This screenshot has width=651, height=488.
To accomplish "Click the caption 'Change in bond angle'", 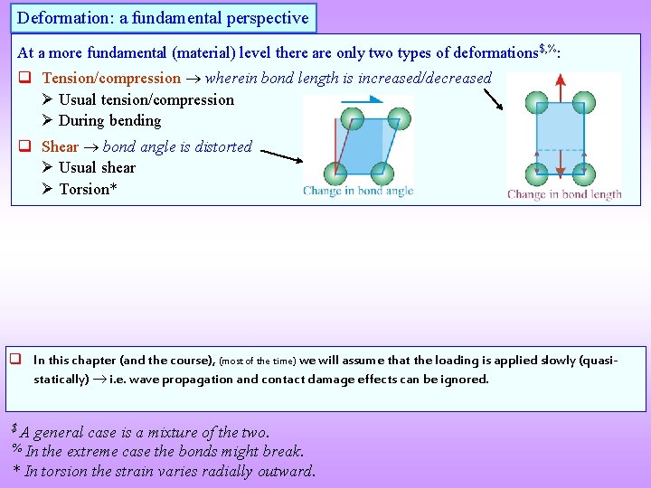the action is point(358,191).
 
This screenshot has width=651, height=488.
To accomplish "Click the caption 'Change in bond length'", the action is point(564,194).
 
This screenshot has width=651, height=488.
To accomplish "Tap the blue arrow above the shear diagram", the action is point(362,101).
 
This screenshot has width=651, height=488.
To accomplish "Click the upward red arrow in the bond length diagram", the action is point(561,87).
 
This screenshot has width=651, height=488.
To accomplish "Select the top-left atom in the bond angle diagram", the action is point(352,117).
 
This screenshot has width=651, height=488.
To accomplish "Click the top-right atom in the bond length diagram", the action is point(584,101).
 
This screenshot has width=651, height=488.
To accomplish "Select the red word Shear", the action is point(60,146).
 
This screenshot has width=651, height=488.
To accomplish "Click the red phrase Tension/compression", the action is point(111,79).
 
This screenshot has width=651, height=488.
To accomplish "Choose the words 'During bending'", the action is point(109,121).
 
